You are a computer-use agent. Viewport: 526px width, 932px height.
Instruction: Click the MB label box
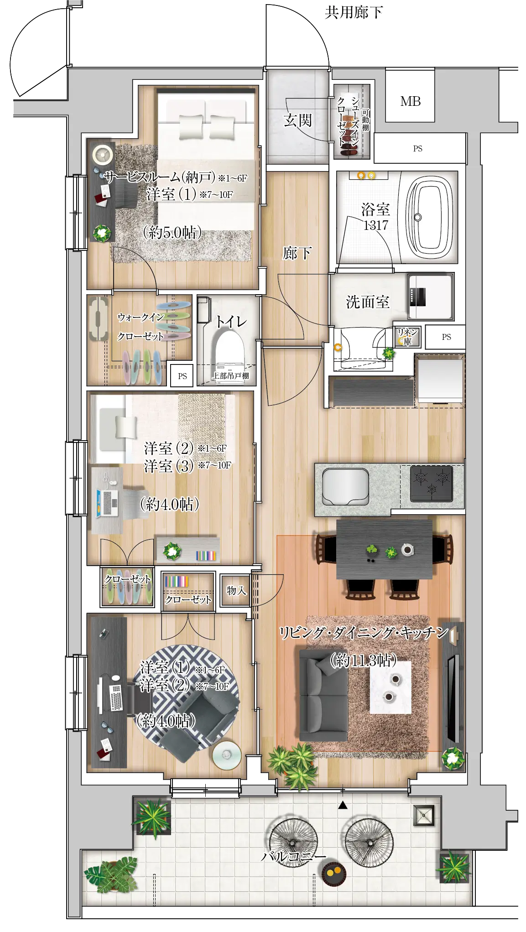pos(410,101)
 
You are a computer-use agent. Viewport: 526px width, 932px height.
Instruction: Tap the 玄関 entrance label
pos(297,120)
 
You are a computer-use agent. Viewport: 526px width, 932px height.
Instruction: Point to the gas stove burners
pos(431,484)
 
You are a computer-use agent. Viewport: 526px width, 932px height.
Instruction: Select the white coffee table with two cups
pos(390,687)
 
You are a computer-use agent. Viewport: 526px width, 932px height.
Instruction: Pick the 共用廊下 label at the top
pos(354,12)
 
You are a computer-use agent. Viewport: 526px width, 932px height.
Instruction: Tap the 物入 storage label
pos(236,590)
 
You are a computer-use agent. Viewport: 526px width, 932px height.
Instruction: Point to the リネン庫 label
pos(407,336)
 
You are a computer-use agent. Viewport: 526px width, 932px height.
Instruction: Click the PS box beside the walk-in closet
pos(182,376)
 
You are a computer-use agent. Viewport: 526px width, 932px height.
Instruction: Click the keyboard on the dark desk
pos(116,698)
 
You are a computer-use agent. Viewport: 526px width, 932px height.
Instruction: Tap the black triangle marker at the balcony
pos(343,806)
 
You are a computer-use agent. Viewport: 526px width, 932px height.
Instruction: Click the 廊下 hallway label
pos(297,253)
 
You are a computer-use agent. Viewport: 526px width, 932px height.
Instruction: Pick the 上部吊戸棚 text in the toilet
pos(231,376)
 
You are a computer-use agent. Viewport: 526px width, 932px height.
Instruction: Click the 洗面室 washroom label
pos(368,302)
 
